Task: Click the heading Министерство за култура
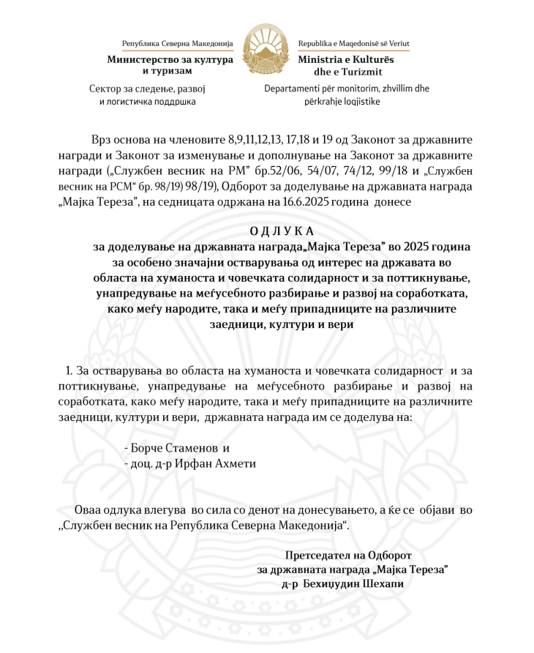pyautogui.click(x=170, y=59)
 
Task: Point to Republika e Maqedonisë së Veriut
pyautogui.click(x=353, y=44)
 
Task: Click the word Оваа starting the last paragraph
pyautogui.click(x=91, y=510)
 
